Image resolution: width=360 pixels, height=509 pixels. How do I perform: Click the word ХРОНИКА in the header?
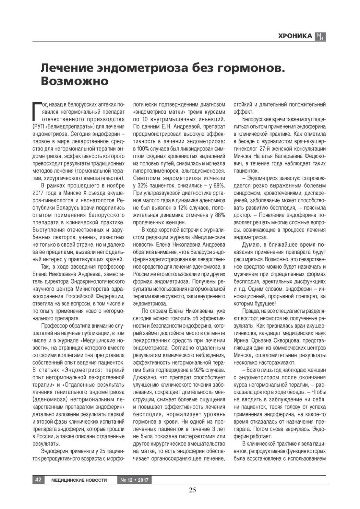click(x=295, y=36)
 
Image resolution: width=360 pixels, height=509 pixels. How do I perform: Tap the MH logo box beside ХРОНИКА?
click(x=320, y=37)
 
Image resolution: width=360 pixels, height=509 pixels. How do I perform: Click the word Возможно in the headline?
click(x=74, y=81)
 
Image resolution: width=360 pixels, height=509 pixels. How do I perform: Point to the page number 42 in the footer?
click(x=38, y=479)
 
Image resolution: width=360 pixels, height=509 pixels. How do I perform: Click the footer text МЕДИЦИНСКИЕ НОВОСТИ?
click(x=79, y=480)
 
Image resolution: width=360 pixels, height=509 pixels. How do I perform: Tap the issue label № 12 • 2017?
click(x=134, y=480)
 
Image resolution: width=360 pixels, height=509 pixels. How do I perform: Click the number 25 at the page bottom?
click(x=192, y=490)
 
